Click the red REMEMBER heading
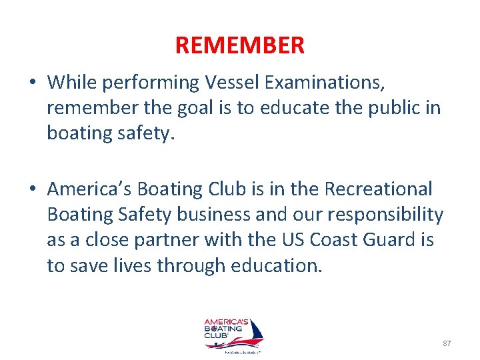coord(240,45)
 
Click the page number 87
coord(447,343)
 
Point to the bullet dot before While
coord(32,83)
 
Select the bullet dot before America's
coord(32,190)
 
